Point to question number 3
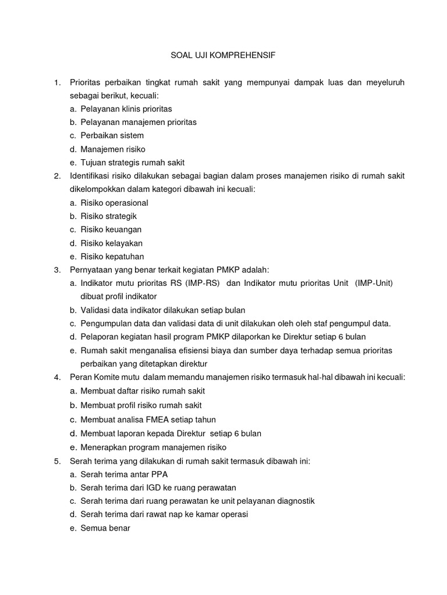point(57,270)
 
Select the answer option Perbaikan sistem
point(112,135)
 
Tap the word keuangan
point(122,230)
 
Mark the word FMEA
point(158,419)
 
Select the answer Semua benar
point(106,528)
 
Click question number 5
point(57,461)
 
